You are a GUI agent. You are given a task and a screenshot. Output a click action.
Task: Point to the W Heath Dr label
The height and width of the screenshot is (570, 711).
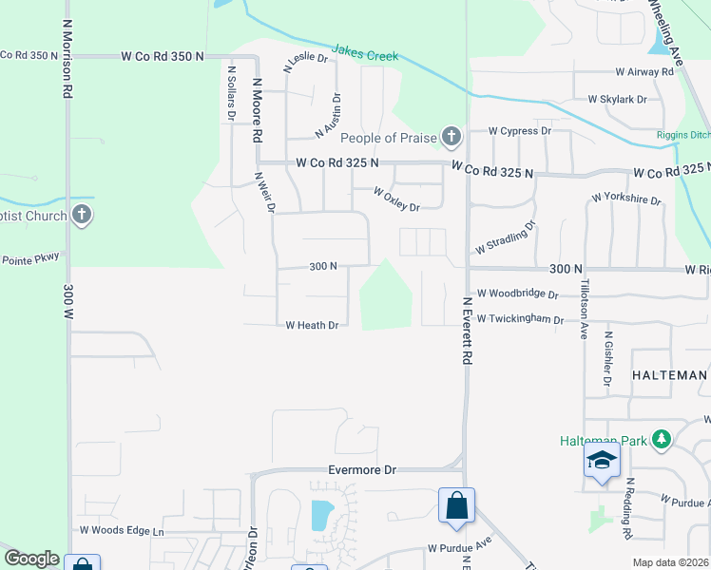click(x=312, y=325)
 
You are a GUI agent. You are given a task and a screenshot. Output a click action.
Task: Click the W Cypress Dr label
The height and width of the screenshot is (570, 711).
click(x=520, y=131)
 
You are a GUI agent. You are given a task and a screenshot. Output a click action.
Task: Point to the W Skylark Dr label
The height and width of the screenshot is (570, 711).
click(x=617, y=99)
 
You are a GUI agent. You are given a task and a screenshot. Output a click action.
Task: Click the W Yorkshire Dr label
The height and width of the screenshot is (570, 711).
click(x=625, y=199)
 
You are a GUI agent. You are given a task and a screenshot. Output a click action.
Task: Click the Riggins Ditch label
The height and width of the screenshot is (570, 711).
click(x=682, y=135)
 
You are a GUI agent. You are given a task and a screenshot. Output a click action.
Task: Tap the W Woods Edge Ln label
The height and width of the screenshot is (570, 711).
click(x=122, y=530)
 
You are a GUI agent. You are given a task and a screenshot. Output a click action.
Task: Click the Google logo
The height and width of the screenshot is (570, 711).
click(x=31, y=559)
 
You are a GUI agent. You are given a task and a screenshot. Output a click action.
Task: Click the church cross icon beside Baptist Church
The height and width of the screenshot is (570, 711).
click(x=82, y=215)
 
